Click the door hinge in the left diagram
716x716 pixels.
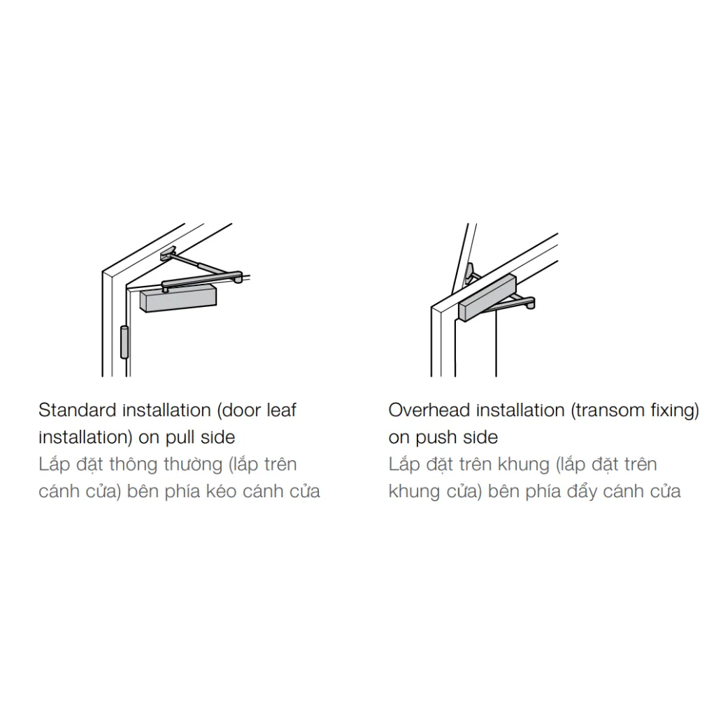pyautogui.click(x=124, y=342)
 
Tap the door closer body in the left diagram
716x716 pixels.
pyautogui.click(x=178, y=298)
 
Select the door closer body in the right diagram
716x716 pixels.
pyautogui.click(x=487, y=298)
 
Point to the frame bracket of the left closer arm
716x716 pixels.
pyautogui.click(x=168, y=253)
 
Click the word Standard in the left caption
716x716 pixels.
pyautogui.click(x=77, y=410)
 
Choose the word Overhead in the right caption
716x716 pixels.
pyautogui.click(x=431, y=410)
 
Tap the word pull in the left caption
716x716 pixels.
pyautogui.click(x=180, y=438)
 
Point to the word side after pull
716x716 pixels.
pyautogui.click(x=218, y=438)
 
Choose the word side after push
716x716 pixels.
pyautogui.click(x=480, y=438)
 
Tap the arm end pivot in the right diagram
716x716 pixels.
pyautogui.click(x=530, y=303)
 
